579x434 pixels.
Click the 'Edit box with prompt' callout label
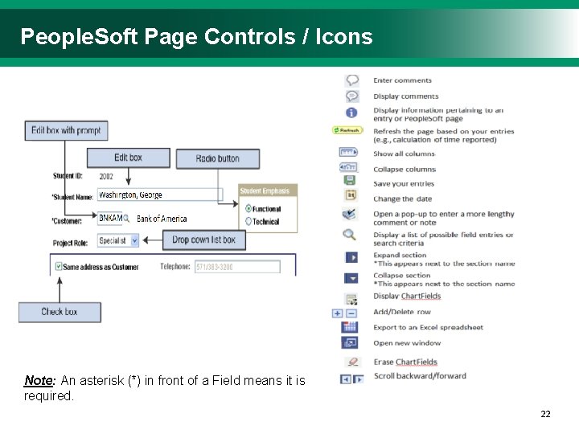click(x=66, y=130)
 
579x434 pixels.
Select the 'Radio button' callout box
click(x=218, y=158)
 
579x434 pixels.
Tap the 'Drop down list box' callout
click(x=203, y=240)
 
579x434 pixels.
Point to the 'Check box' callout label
click(x=60, y=311)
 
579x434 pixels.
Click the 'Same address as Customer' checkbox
click(x=58, y=266)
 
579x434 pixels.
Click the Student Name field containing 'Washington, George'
click(x=159, y=194)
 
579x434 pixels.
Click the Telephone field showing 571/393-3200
click(x=236, y=267)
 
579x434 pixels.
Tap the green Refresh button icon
click(x=348, y=130)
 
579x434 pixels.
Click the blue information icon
click(x=351, y=113)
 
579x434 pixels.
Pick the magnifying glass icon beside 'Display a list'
click(x=350, y=235)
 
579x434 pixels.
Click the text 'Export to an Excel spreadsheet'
click(x=428, y=327)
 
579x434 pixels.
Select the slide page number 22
click(x=545, y=414)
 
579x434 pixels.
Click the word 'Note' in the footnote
click(x=38, y=380)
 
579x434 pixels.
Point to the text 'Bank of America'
click(x=162, y=219)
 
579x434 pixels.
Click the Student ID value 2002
click(x=106, y=176)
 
